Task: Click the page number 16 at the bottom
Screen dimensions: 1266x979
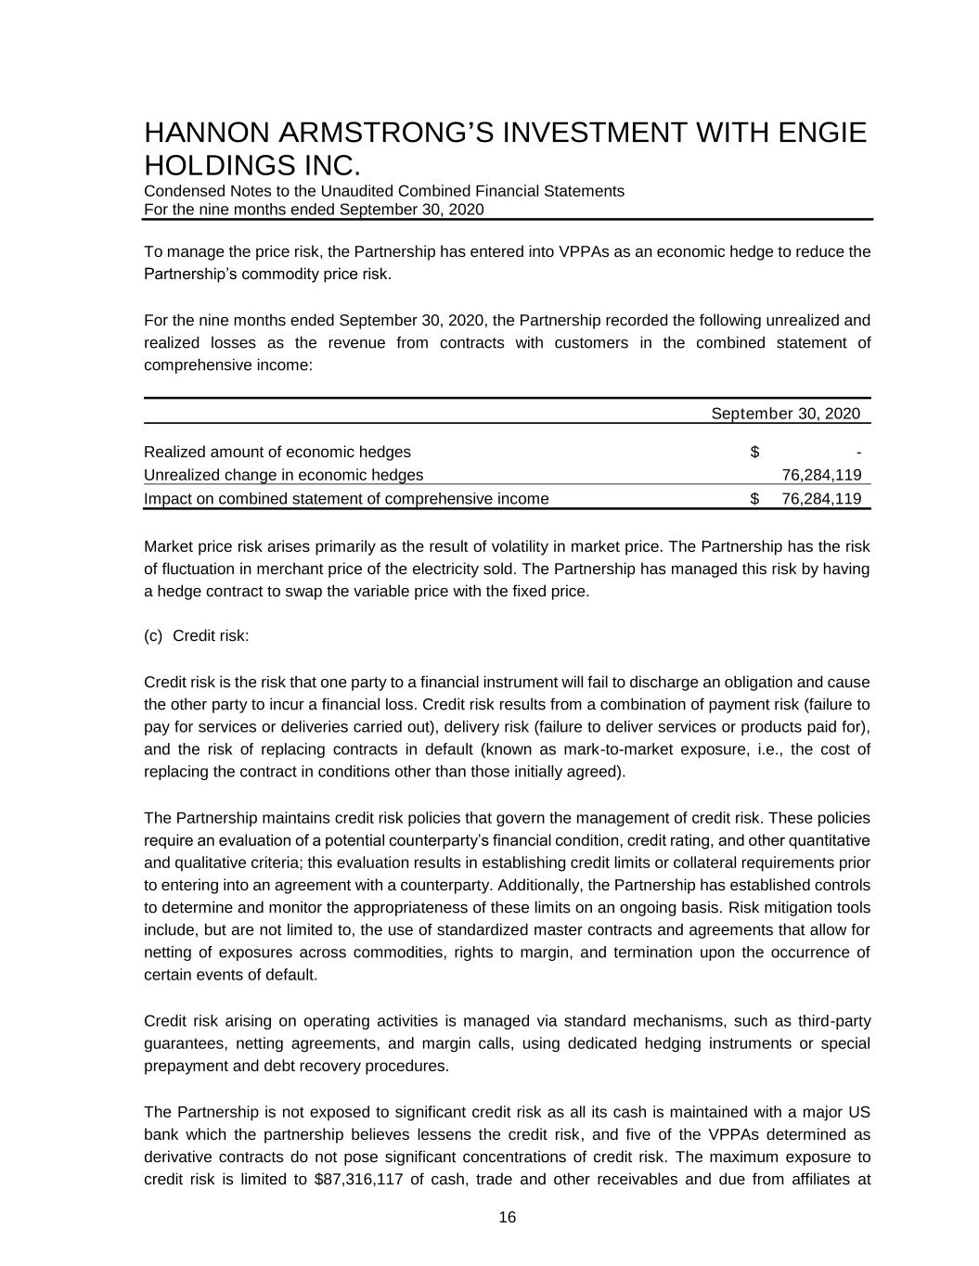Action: [507, 1218]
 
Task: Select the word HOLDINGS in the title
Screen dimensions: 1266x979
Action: [216, 166]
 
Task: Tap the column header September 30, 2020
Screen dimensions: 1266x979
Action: [785, 414]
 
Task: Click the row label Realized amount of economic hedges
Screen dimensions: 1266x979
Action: [277, 453]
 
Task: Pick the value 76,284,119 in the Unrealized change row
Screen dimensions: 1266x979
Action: [821, 476]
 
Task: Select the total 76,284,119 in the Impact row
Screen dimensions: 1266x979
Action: [821, 499]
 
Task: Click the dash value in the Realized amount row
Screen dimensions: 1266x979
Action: [858, 453]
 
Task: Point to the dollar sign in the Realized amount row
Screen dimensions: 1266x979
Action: [754, 453]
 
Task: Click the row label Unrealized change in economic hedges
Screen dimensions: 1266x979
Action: [283, 476]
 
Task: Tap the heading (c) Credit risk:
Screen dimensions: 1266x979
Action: [197, 636]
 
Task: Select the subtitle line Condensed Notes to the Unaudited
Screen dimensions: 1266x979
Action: [383, 191]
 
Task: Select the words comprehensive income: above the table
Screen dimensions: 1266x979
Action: [228, 365]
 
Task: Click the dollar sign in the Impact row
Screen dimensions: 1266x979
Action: [754, 499]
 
